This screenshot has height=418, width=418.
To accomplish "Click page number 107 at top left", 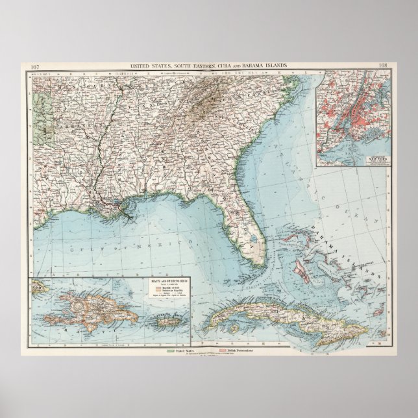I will (x=35, y=66).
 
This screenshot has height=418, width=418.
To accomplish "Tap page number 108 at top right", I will (x=383, y=66).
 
